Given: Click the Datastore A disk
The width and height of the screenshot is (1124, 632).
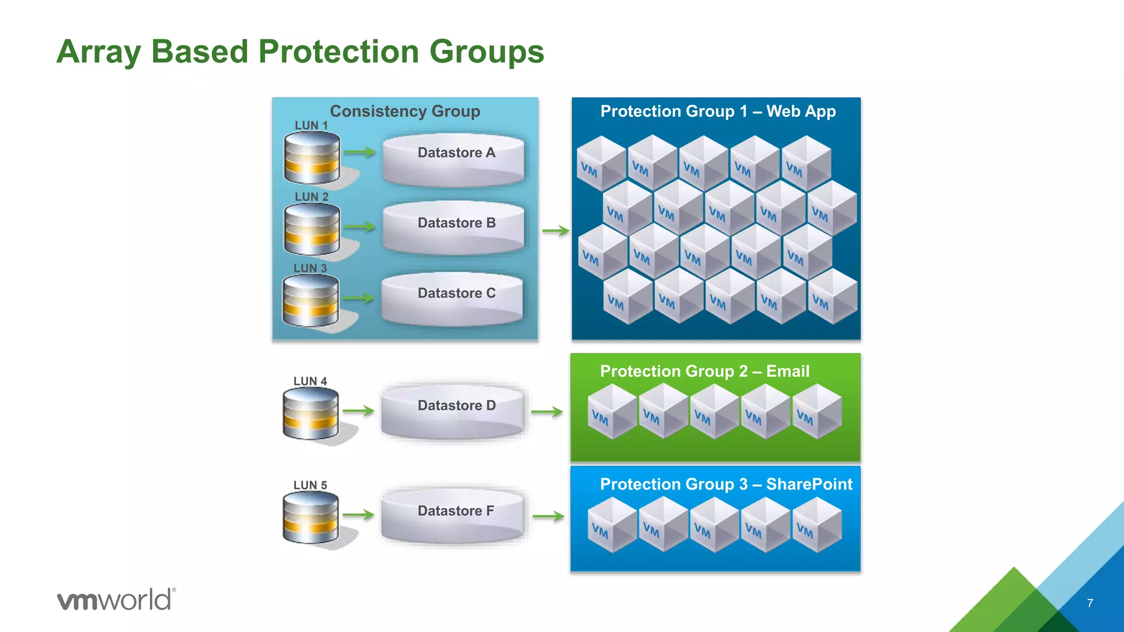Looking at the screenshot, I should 453,160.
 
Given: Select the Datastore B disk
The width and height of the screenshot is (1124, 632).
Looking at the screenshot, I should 453,228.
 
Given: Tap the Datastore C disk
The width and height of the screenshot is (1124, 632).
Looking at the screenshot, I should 452,299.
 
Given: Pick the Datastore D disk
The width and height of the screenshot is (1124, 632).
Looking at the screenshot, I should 452,411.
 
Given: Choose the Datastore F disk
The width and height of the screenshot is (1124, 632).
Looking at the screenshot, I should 452,516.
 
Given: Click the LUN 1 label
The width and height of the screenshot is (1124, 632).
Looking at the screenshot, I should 311,126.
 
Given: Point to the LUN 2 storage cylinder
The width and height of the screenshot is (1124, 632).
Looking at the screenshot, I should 312,230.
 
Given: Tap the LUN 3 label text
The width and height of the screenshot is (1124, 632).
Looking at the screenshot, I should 310,268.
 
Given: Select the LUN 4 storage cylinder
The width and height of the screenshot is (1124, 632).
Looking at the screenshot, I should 311,413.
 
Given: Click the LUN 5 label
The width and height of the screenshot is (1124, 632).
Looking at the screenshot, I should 310,486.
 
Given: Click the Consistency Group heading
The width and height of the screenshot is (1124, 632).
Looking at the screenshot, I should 405,111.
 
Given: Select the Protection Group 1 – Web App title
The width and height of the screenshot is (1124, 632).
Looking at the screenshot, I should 718,111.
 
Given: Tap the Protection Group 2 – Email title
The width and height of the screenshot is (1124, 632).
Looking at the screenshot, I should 705,371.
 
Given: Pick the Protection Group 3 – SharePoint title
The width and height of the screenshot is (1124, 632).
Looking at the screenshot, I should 726,484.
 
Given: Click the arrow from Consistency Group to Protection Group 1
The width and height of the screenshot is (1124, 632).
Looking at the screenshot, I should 555,231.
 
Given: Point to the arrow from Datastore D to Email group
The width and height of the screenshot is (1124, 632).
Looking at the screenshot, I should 547,412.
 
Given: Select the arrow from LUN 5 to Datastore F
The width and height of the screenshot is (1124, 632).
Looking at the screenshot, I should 358,515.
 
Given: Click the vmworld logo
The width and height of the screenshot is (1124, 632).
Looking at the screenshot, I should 116,599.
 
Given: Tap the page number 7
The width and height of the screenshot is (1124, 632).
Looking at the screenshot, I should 1090,603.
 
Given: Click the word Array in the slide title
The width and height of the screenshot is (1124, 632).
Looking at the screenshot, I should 99,52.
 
